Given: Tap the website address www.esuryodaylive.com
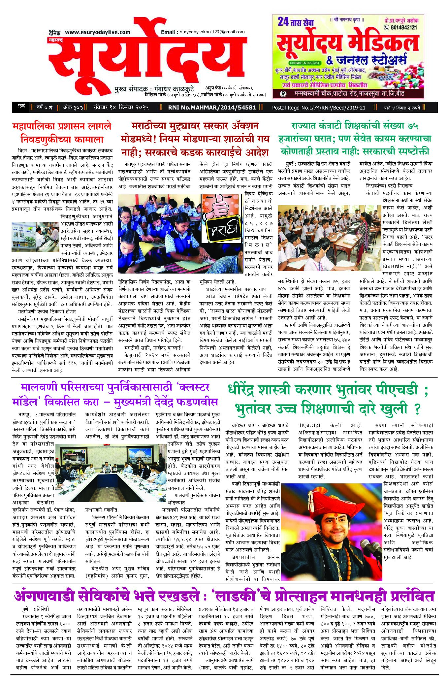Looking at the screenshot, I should (97, 32).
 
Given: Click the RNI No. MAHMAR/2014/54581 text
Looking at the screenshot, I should (212, 107).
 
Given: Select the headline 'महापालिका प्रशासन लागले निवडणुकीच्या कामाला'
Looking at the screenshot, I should (62, 132).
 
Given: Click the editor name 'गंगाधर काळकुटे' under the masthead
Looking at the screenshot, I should (174, 89).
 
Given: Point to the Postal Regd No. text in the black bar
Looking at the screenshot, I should (319, 108).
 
